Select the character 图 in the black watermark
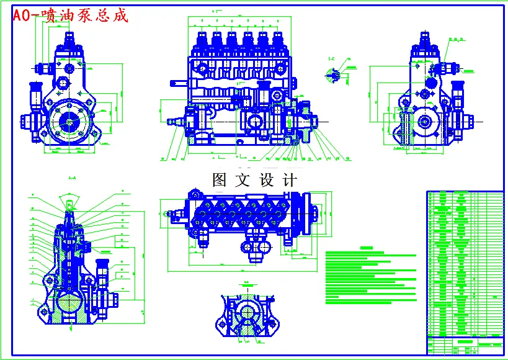coord(221,181)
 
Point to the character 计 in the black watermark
coord(289,181)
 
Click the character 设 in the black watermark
coord(267,181)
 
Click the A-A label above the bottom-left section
coord(72,179)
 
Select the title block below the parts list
coord(465,344)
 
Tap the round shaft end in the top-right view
coord(426,122)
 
